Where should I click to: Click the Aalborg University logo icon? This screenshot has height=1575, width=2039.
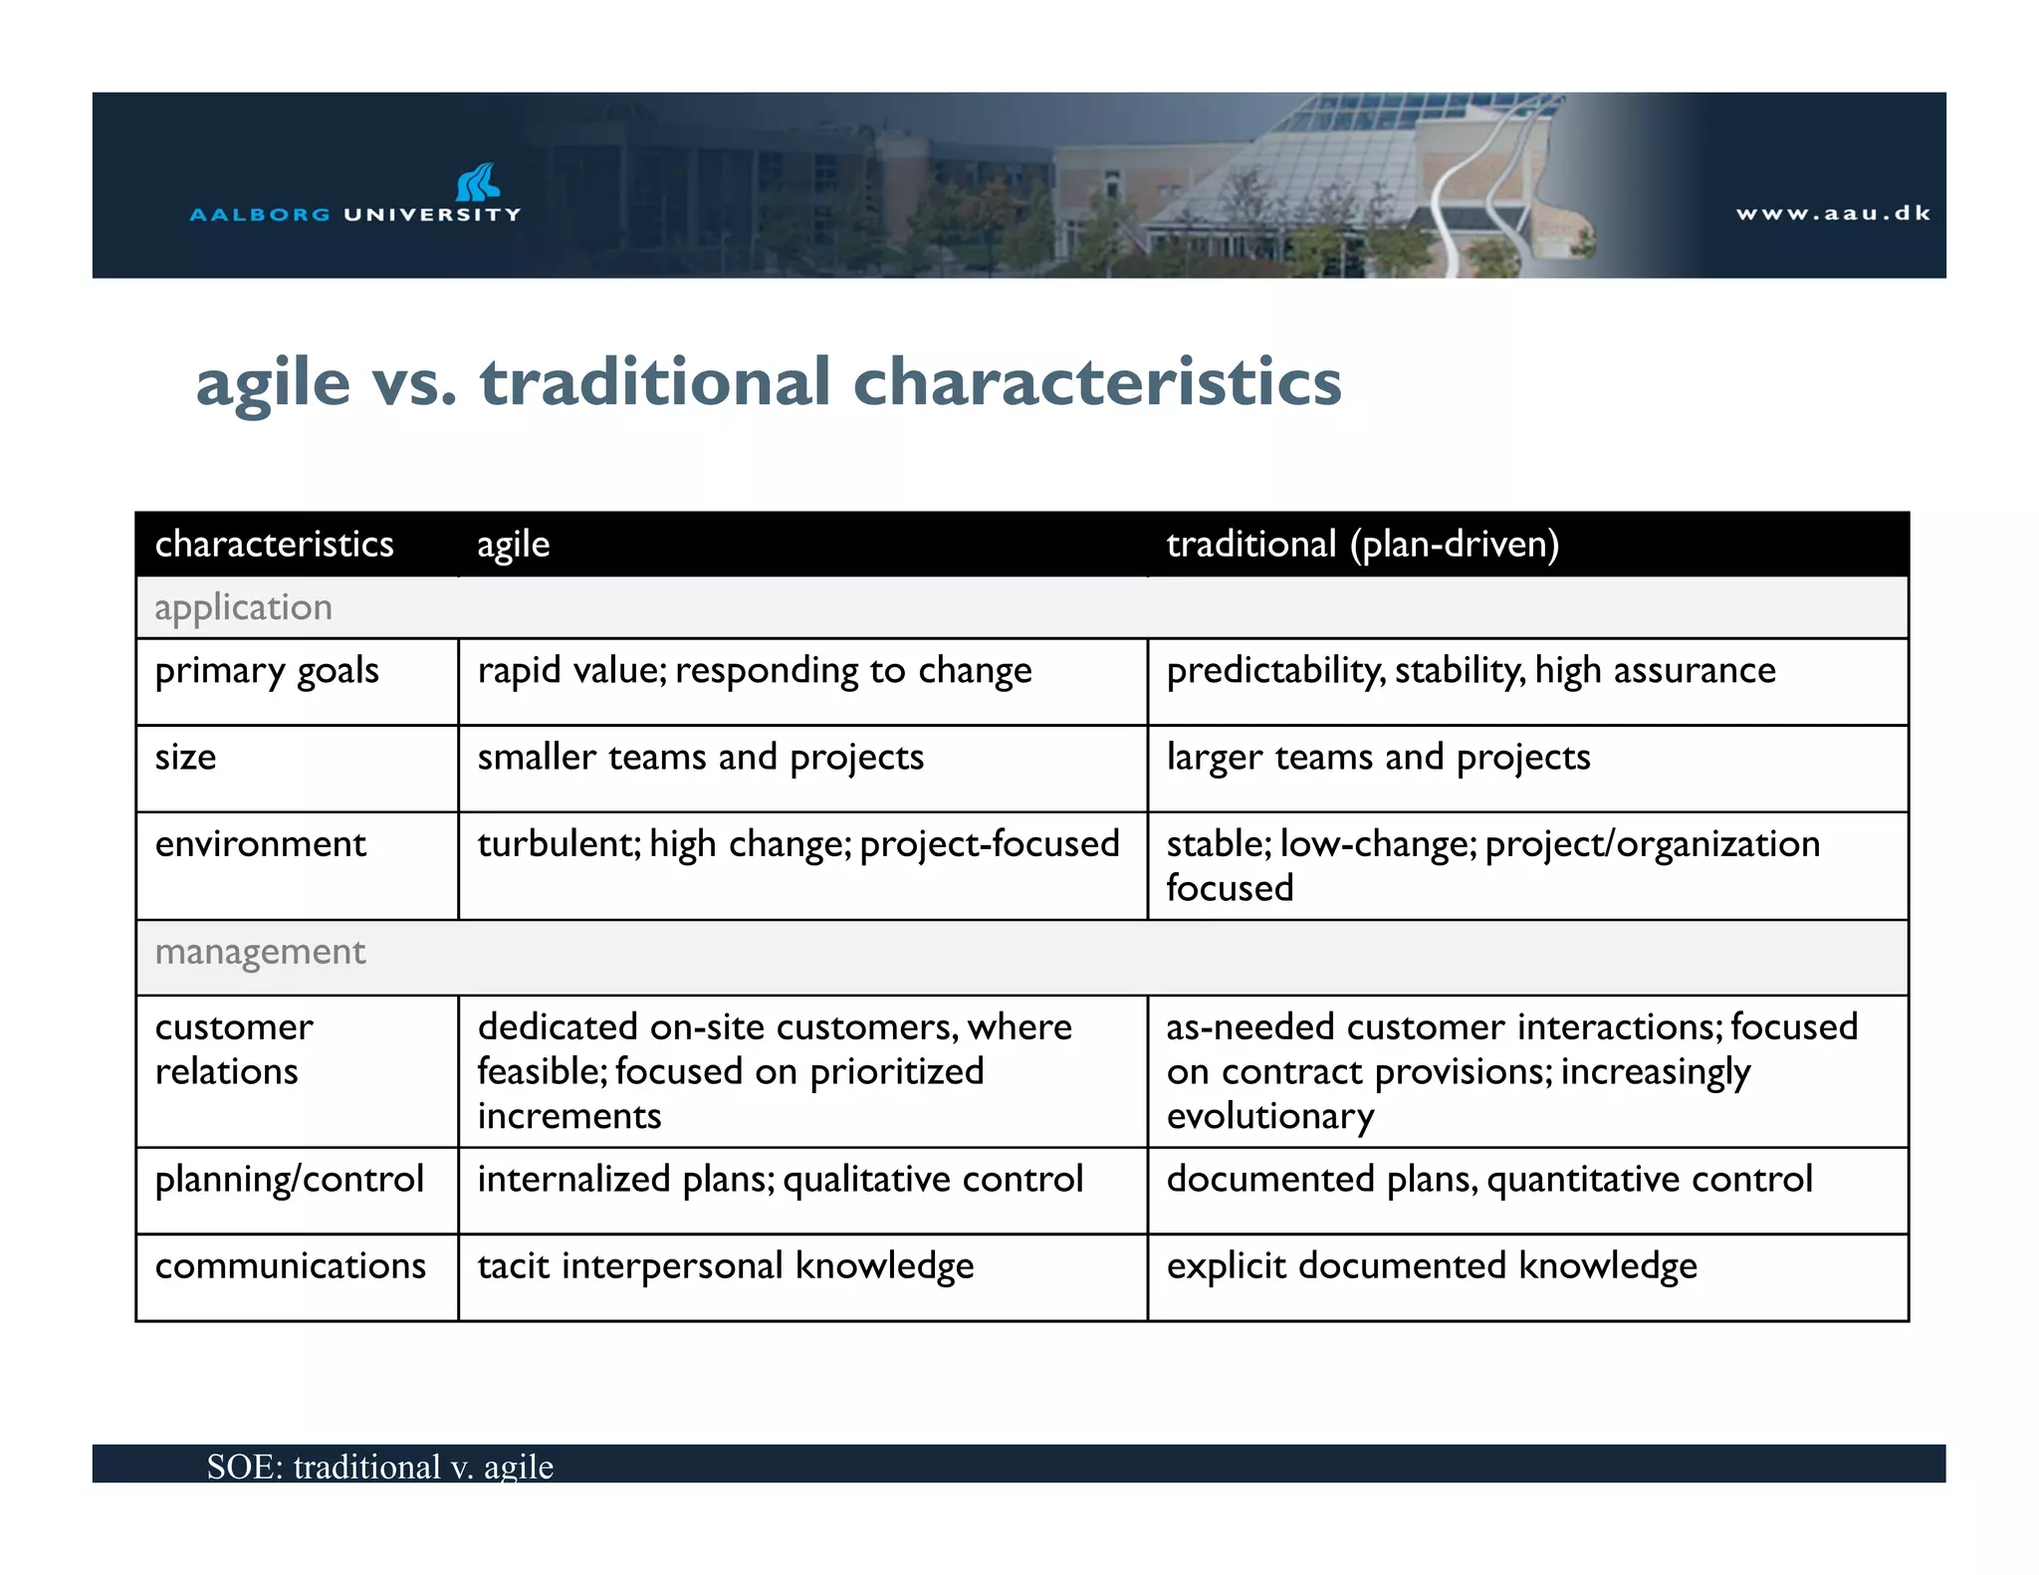478,183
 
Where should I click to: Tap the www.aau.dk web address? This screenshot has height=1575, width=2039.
1833,213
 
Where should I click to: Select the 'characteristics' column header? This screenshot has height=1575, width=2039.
274,545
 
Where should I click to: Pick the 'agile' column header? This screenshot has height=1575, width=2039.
513,545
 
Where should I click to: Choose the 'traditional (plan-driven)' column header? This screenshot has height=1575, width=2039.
1362,545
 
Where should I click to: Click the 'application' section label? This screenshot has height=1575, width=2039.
243,607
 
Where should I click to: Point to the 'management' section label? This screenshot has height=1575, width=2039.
260,952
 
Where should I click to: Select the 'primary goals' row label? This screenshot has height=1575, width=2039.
267,671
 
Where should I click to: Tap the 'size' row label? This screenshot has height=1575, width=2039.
186,758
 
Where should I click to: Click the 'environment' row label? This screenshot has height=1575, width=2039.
260,844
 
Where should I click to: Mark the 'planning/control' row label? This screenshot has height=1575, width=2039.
289,1180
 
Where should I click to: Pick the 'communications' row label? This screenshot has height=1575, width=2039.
290,1266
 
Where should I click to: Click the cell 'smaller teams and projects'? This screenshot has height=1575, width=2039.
700,758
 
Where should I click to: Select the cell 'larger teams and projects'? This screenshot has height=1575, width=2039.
1378,758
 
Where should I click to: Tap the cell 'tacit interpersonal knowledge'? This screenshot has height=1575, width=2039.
725,1266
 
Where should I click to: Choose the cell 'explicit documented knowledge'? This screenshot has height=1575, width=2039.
1432,1266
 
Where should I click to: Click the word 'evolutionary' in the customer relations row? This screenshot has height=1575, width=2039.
1269,1117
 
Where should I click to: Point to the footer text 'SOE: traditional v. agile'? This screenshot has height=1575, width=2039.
379,1466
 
